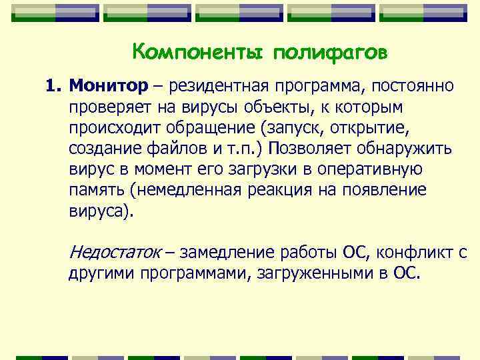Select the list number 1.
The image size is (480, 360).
[52, 86]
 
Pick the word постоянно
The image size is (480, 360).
[413, 86]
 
